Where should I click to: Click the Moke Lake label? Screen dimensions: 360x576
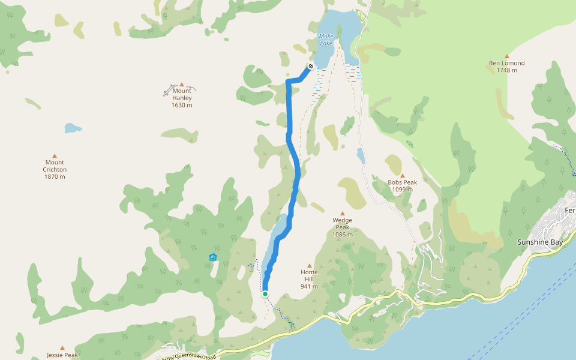click(326, 40)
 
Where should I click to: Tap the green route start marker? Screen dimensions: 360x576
click(265, 293)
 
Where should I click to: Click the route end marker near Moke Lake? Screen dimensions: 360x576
click(311, 66)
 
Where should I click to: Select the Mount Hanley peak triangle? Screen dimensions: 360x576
click(182, 85)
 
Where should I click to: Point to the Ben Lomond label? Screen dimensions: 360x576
click(506, 63)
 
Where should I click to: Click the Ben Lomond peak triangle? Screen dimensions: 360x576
click(506, 56)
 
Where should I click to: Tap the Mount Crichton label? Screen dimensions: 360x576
click(55, 166)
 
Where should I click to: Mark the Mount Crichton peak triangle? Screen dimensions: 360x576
click(55, 155)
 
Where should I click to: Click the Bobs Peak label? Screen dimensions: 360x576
click(402, 182)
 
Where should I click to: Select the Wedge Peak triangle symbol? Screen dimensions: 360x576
click(343, 213)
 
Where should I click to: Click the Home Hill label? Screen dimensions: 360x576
click(309, 272)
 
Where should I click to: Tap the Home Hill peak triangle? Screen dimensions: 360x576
click(310, 265)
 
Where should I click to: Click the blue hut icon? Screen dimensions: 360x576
click(212, 257)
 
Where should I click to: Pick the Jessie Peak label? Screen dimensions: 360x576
click(62, 355)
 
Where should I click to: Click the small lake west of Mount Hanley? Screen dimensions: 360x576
click(72, 128)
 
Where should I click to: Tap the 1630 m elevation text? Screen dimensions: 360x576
click(182, 106)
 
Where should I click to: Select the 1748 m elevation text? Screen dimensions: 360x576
click(506, 70)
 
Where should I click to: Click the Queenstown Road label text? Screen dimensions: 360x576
click(197, 356)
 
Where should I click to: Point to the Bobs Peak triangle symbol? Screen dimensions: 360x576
click(402, 176)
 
